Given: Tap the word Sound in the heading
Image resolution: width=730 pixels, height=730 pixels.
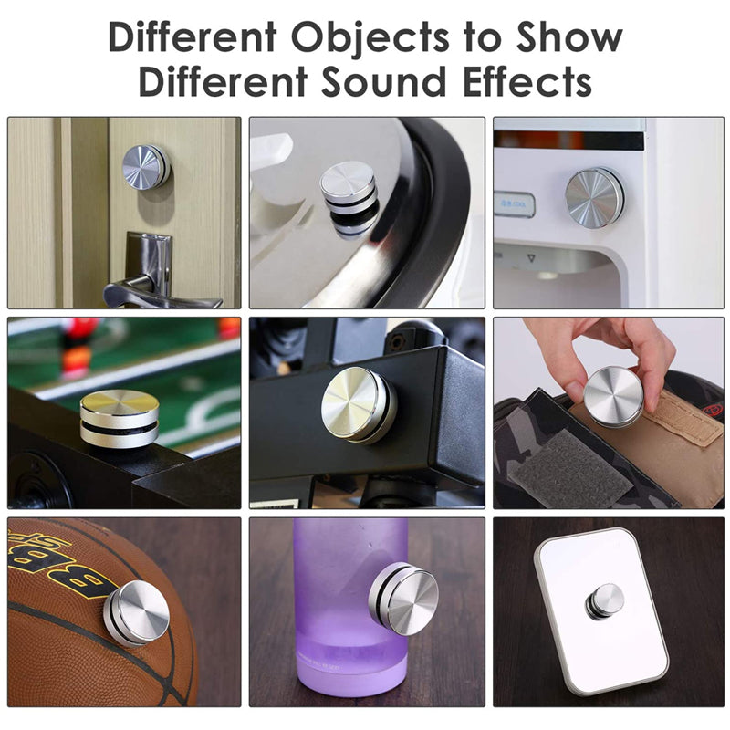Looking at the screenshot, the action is [x=382, y=82].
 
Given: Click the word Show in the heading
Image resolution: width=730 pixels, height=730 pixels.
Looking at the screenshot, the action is [x=568, y=37].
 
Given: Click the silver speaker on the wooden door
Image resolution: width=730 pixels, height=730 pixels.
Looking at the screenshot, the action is [x=146, y=167].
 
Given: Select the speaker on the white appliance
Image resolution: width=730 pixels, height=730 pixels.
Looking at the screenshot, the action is [x=594, y=197].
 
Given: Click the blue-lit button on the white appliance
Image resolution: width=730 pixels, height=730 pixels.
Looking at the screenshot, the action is [x=514, y=204].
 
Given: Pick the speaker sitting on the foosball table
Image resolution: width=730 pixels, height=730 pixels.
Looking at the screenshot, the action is [x=120, y=418].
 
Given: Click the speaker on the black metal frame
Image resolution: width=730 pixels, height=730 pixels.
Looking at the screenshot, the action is [x=359, y=404].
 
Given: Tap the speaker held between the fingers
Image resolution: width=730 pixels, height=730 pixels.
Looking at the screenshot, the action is [x=613, y=396].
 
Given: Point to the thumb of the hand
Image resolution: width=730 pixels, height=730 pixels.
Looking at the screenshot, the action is [x=576, y=372].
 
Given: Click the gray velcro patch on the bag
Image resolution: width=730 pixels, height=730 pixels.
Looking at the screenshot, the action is [x=568, y=468].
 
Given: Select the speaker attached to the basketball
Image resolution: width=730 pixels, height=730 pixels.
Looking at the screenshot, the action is [x=136, y=613].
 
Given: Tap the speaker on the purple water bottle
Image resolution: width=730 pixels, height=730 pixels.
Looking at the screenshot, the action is [x=403, y=598].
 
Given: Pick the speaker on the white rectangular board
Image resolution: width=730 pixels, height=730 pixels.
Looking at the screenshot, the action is [x=604, y=601].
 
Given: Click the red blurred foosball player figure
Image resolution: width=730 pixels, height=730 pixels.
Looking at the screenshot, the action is [x=77, y=347].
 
